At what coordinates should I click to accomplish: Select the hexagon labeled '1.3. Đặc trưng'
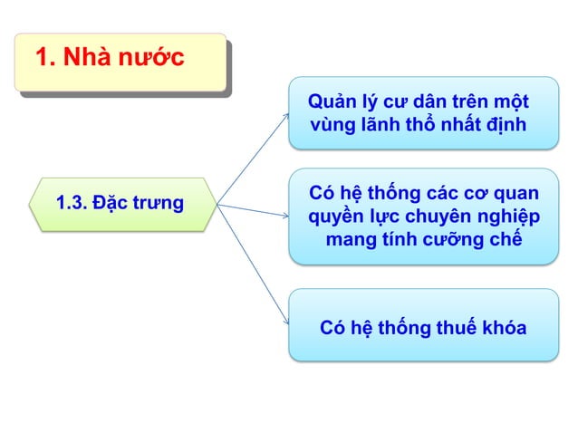(120, 204)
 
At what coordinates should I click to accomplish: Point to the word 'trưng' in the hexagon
(159, 203)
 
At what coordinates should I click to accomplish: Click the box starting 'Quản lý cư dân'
(422, 112)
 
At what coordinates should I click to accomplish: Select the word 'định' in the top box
(506, 124)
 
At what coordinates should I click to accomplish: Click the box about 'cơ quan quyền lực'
(422, 216)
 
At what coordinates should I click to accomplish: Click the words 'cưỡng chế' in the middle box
(472, 239)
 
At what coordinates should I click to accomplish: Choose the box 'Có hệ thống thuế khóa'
(422, 326)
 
